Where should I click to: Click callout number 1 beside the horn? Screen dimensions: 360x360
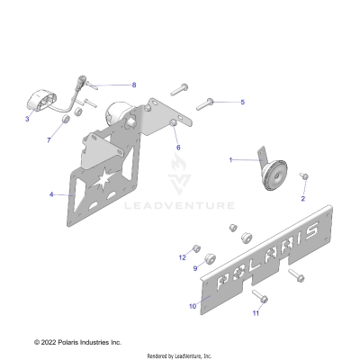click(x=230, y=159)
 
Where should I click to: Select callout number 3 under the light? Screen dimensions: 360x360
click(x=28, y=119)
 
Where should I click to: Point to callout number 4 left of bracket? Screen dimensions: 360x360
click(x=50, y=193)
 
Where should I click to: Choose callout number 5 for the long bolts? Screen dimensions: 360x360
click(x=241, y=103)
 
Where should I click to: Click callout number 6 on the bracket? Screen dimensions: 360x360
click(x=177, y=147)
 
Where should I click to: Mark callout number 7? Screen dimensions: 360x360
click(x=49, y=140)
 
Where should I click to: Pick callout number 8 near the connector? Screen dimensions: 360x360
click(x=133, y=85)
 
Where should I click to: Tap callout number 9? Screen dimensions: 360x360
click(x=194, y=268)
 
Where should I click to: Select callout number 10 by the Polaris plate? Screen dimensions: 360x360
click(x=192, y=306)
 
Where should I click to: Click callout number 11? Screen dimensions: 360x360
click(x=255, y=313)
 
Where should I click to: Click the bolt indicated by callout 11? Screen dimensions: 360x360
click(x=260, y=296)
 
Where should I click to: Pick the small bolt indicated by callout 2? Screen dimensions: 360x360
click(x=304, y=177)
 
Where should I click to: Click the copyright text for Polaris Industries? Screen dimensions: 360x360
click(x=77, y=342)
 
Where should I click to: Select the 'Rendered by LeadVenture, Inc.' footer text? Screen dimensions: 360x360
click(x=180, y=355)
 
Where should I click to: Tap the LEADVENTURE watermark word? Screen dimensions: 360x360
click(x=192, y=206)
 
